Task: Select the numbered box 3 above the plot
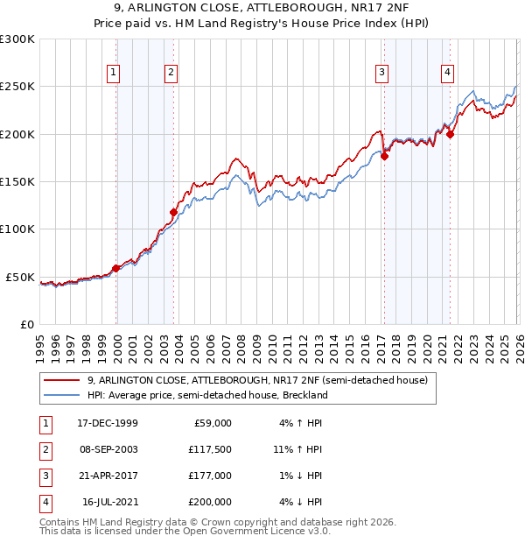[382, 73]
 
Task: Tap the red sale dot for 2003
[173, 212]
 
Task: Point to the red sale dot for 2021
[451, 134]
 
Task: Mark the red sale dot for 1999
[116, 268]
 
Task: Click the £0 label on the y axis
[26, 324]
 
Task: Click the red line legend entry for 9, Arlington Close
[257, 381]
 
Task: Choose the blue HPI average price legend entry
[207, 395]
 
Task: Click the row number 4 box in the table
[43, 502]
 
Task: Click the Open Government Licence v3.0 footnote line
[185, 531]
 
